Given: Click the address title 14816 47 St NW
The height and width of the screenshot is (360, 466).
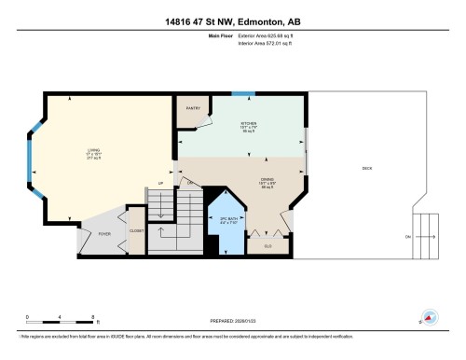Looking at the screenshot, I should point(232,21).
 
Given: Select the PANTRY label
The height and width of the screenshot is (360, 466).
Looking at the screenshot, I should point(195,107).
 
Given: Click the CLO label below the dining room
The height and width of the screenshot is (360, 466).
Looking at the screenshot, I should point(267,245).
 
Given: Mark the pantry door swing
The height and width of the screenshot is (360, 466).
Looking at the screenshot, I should point(189,127).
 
